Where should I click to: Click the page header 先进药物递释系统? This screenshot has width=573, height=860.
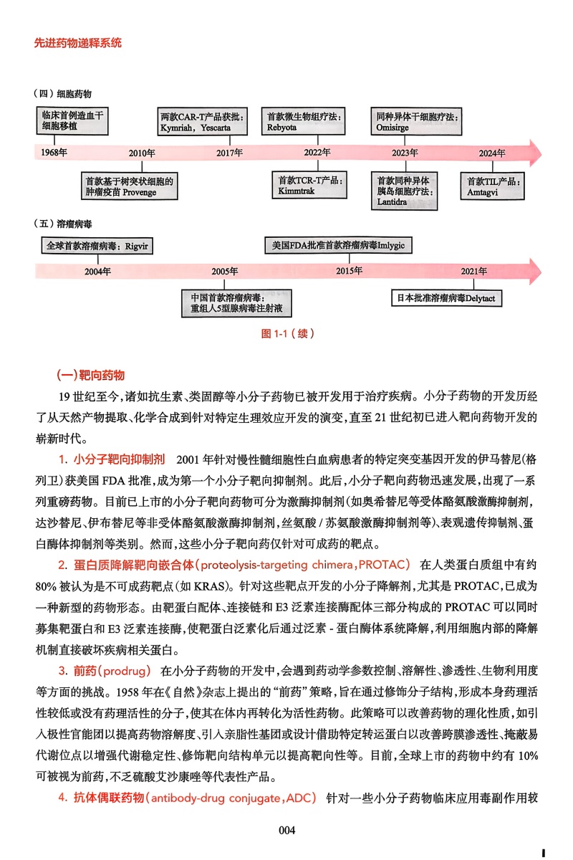[78, 43]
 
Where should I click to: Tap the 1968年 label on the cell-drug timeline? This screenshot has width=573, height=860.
[54, 153]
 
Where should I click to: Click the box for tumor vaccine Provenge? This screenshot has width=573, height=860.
[128, 186]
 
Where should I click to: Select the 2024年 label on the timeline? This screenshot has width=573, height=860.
[492, 153]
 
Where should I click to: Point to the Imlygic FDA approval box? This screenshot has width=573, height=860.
[339, 246]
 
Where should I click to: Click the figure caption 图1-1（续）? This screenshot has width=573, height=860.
[286, 333]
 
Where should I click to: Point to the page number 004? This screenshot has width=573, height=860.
[286, 830]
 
